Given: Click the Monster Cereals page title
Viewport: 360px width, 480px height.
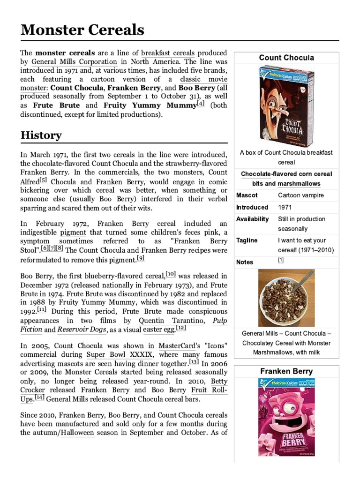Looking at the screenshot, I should point(82,30).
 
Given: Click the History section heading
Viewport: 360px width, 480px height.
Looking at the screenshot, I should point(41,135).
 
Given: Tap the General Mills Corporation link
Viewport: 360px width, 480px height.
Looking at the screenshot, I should point(74,61).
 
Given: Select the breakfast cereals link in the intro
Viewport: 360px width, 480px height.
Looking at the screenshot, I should point(177,52).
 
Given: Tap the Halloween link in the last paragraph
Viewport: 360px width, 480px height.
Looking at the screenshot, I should point(77,433).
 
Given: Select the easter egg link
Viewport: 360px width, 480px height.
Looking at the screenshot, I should point(159,330).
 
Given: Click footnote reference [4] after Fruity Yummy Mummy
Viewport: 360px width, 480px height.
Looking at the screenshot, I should point(201,104).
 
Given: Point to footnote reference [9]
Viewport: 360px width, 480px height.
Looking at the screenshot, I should point(141,258).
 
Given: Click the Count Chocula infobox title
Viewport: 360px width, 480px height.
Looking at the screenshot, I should point(286,58).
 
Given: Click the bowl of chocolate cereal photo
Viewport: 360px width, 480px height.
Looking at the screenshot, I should point(286,298).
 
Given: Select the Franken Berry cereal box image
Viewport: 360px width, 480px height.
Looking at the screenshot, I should point(286,417).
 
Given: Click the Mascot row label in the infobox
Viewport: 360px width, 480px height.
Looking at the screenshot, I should point(247,195).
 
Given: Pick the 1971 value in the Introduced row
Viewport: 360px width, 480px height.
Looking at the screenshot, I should point(286,207).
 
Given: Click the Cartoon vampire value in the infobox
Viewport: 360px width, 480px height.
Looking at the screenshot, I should point(301,195).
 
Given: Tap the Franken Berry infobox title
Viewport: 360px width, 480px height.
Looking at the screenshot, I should point(286,371).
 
